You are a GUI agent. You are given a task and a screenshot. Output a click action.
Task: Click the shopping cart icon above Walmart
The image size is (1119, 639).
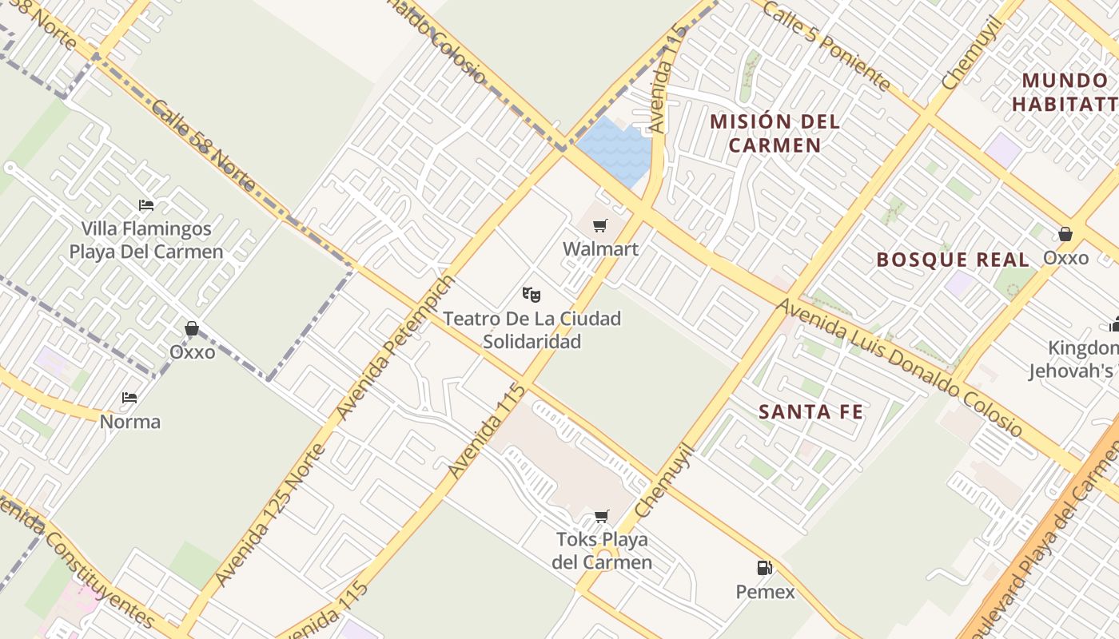[600, 226]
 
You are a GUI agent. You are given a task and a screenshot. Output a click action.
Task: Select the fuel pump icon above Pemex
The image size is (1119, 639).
[765, 568]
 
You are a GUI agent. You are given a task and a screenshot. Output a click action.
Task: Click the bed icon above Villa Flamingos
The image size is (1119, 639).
[145, 205]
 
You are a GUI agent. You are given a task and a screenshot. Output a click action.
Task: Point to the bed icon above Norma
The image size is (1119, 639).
[129, 398]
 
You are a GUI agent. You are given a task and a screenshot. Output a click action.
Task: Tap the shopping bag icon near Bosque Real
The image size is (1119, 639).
[1065, 234]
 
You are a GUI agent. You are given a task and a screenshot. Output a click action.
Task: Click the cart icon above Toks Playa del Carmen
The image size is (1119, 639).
[601, 516]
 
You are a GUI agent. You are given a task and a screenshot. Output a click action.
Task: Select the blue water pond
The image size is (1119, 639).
[616, 149]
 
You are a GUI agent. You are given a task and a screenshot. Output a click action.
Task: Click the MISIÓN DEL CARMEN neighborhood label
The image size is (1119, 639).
[775, 133]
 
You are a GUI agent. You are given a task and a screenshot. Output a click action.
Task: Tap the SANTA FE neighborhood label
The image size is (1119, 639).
[810, 412]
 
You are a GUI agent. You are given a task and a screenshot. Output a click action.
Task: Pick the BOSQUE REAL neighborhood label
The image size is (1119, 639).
[953, 260]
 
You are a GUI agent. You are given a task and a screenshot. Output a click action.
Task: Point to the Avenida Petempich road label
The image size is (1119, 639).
[396, 347]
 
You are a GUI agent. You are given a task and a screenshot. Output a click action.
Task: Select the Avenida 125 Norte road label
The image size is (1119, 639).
[270, 514]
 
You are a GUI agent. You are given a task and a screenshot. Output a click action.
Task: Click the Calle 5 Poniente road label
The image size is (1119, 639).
[826, 45]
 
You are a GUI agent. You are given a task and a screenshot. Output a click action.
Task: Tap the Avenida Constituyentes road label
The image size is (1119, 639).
[76, 558]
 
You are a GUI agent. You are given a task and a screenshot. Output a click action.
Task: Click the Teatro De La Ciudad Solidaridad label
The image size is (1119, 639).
[532, 330]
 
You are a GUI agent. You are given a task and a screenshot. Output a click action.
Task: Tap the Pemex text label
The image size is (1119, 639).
[765, 592]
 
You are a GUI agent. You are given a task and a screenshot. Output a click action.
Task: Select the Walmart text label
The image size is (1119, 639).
[600, 249]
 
